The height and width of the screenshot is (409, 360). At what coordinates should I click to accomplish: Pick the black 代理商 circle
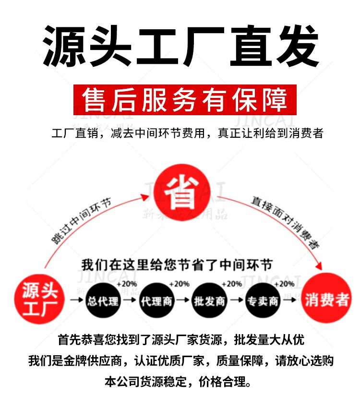tap(156, 301)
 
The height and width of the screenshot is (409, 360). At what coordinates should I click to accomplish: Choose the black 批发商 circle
tap(209, 301)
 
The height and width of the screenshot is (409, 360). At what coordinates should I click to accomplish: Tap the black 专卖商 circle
tap(262, 301)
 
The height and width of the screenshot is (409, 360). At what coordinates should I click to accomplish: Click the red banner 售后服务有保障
tap(185, 100)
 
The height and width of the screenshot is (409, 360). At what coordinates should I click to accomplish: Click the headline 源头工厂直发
tap(180, 46)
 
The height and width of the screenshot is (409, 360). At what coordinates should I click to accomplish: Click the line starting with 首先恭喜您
tap(180, 340)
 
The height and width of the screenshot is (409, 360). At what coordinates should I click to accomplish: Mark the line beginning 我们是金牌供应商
tap(180, 361)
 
